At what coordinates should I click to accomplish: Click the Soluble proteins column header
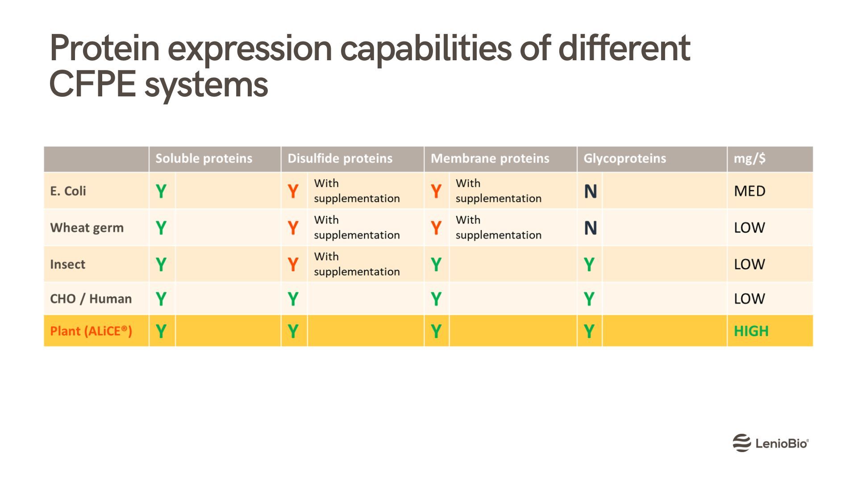pos(204,158)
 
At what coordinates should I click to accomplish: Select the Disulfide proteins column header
pos(340,158)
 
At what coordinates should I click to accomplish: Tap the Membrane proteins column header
pos(490,158)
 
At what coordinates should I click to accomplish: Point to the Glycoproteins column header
pos(624,158)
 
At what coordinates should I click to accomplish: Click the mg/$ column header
pos(749,158)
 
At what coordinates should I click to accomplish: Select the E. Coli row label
pos(68,191)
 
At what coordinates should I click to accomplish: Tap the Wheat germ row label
pos(87,228)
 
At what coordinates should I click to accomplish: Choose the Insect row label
pos(67,264)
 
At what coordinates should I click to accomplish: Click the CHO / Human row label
pos(91,299)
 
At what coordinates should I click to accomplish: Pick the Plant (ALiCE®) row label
pos(91,331)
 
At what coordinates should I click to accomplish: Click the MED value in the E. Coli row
pos(749,191)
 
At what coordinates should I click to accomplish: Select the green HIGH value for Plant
pos(751,331)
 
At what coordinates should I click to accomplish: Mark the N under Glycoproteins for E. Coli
pos(590,191)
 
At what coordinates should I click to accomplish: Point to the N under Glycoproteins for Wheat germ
pos(590,228)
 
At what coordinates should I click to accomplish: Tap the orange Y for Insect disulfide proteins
pos(293,265)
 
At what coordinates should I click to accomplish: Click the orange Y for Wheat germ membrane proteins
pos(436,228)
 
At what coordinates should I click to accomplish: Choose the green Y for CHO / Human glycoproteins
pos(589,299)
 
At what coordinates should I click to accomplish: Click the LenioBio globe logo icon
pos(741,443)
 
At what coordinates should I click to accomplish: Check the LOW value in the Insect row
pos(749,264)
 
